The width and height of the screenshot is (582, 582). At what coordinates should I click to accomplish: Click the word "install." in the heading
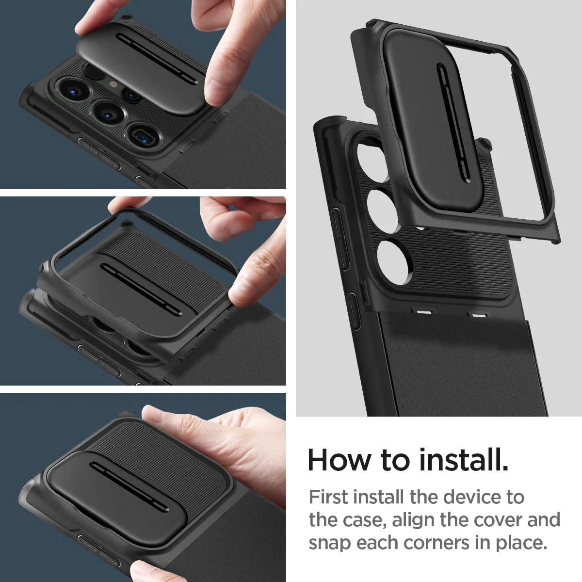tap(464, 460)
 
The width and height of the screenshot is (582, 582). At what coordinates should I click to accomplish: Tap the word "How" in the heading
tap(339, 460)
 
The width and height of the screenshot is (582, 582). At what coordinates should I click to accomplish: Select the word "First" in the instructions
tap(328, 497)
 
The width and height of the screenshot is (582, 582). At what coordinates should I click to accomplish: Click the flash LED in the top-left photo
tap(113, 84)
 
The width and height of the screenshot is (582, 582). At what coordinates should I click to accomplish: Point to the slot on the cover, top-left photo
tap(158, 59)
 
